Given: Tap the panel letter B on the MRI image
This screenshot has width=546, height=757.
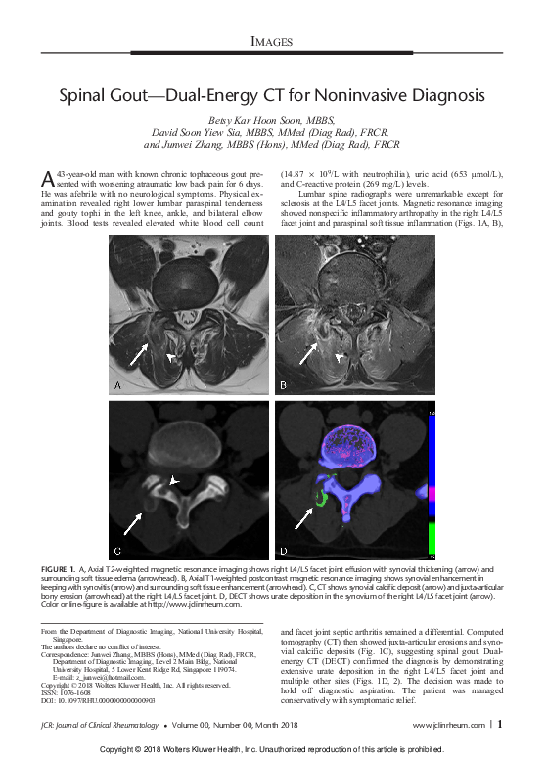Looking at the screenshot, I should pyautogui.click(x=284, y=385).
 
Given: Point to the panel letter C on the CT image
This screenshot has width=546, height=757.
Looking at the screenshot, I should pyautogui.click(x=118, y=550).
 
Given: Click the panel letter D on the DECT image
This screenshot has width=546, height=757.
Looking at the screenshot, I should pyautogui.click(x=284, y=550).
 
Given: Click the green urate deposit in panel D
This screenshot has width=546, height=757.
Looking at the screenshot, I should pyautogui.click(x=318, y=498).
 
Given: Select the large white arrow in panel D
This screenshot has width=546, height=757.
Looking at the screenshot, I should pyautogui.click(x=303, y=527).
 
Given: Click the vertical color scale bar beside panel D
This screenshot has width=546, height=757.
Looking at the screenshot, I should pyautogui.click(x=431, y=479).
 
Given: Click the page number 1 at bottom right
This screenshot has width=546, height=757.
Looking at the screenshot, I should pyautogui.click(x=499, y=725).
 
